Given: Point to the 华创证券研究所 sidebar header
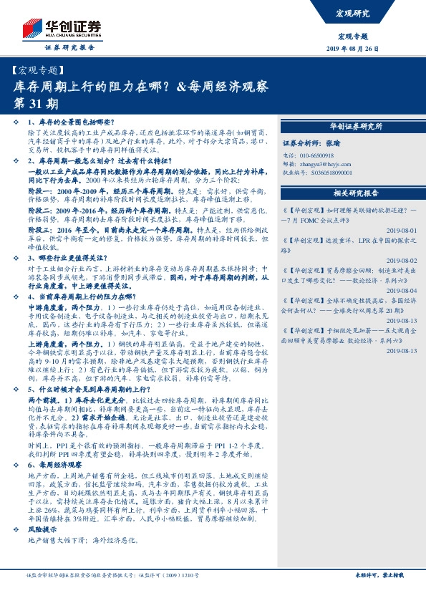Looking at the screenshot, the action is [355, 126].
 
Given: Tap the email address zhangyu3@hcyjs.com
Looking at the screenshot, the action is [324, 163].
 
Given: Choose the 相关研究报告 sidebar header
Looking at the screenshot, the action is [355, 193].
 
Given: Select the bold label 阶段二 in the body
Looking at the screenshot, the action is [39, 213].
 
